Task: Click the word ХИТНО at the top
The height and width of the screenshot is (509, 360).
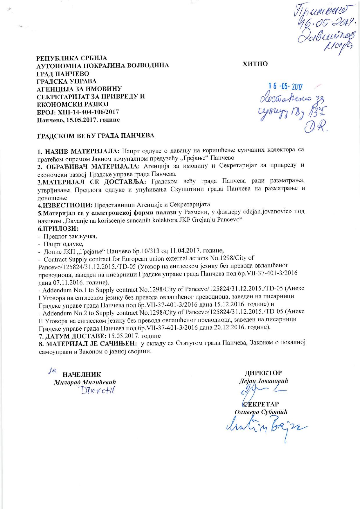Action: pyautogui.click(x=255, y=64)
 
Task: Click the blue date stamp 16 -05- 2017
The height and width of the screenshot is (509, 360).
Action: pyautogui.click(x=286, y=86)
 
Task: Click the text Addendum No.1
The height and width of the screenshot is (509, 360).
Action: pyautogui.click(x=60, y=290)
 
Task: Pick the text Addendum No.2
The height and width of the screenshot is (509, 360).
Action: pyautogui.click(x=60, y=313)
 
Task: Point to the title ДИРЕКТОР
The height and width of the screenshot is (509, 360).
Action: pyautogui.click(x=263, y=373)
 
